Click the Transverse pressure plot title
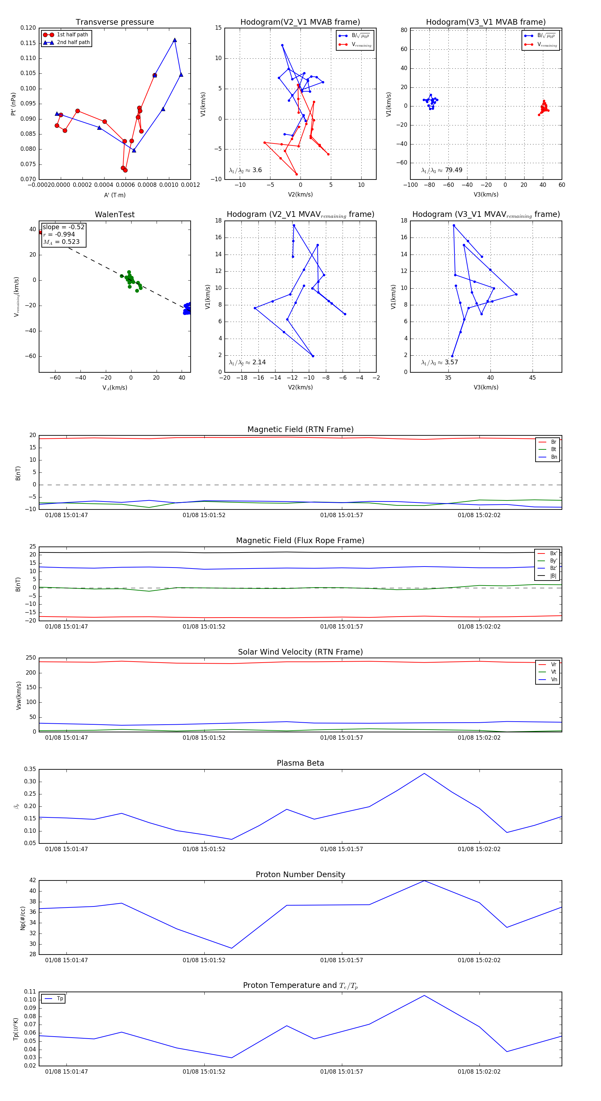point(115,22)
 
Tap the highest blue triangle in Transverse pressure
point(175,40)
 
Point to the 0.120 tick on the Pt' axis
point(28,28)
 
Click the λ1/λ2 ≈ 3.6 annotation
point(245,170)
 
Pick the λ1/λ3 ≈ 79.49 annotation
point(441,170)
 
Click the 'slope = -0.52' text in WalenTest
point(63,227)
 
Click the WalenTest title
point(115,215)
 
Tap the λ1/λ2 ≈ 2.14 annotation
point(247,362)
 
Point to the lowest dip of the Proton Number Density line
point(231,948)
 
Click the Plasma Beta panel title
point(300,763)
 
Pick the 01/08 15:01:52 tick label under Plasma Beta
point(204,849)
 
